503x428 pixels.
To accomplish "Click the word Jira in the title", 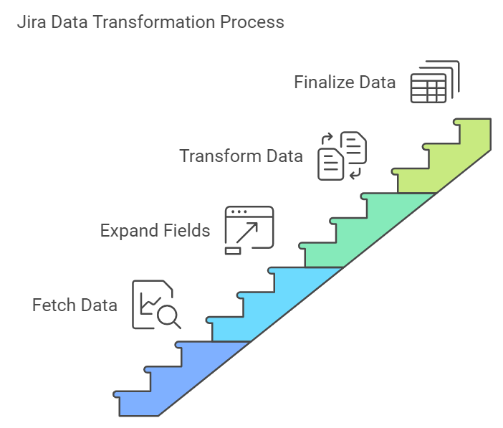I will point(29,22).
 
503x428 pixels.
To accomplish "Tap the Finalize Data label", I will point(344,82).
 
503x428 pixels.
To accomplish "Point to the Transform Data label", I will point(241,156).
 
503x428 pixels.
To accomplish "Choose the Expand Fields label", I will point(155,230).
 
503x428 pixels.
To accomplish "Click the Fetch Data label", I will point(75,305).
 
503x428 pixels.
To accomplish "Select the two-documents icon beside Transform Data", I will point(342,156).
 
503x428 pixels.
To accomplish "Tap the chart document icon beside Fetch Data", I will point(152,304).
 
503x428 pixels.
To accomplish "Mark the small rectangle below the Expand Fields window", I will point(233,250).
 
